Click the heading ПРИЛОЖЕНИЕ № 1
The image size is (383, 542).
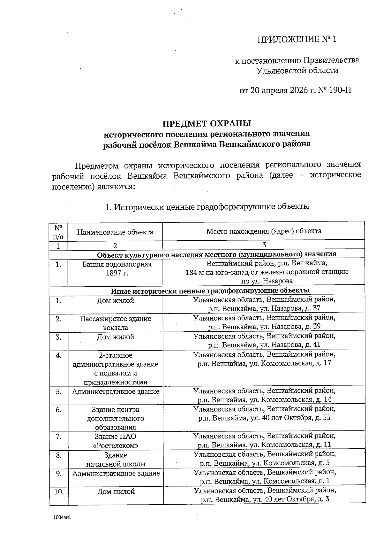pyautogui.click(x=297, y=39)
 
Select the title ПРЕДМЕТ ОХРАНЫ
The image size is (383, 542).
pyautogui.click(x=207, y=123)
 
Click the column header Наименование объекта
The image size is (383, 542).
pyautogui.click(x=115, y=232)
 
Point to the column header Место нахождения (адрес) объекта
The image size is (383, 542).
pyautogui.click(x=264, y=231)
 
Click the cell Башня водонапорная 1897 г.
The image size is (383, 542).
pyautogui.click(x=116, y=268)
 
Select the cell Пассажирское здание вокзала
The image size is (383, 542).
pyautogui.click(x=116, y=323)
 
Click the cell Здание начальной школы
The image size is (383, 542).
pyautogui.click(x=116, y=459)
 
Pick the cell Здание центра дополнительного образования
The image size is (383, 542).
pyautogui.click(x=116, y=418)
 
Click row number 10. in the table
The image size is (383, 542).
pyautogui.click(x=59, y=492)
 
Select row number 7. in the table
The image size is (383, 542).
pyautogui.click(x=59, y=437)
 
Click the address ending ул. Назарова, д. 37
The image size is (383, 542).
pyautogui.click(x=264, y=308)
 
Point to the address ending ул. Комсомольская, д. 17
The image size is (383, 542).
pyautogui.click(x=264, y=363)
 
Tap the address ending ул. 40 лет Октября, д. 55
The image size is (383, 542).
pyautogui.click(x=264, y=418)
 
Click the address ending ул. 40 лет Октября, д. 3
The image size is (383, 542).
pyautogui.click(x=264, y=499)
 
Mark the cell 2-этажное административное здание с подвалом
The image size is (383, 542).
pyautogui.click(x=116, y=368)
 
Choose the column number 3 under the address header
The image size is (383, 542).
pyautogui.click(x=264, y=245)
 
